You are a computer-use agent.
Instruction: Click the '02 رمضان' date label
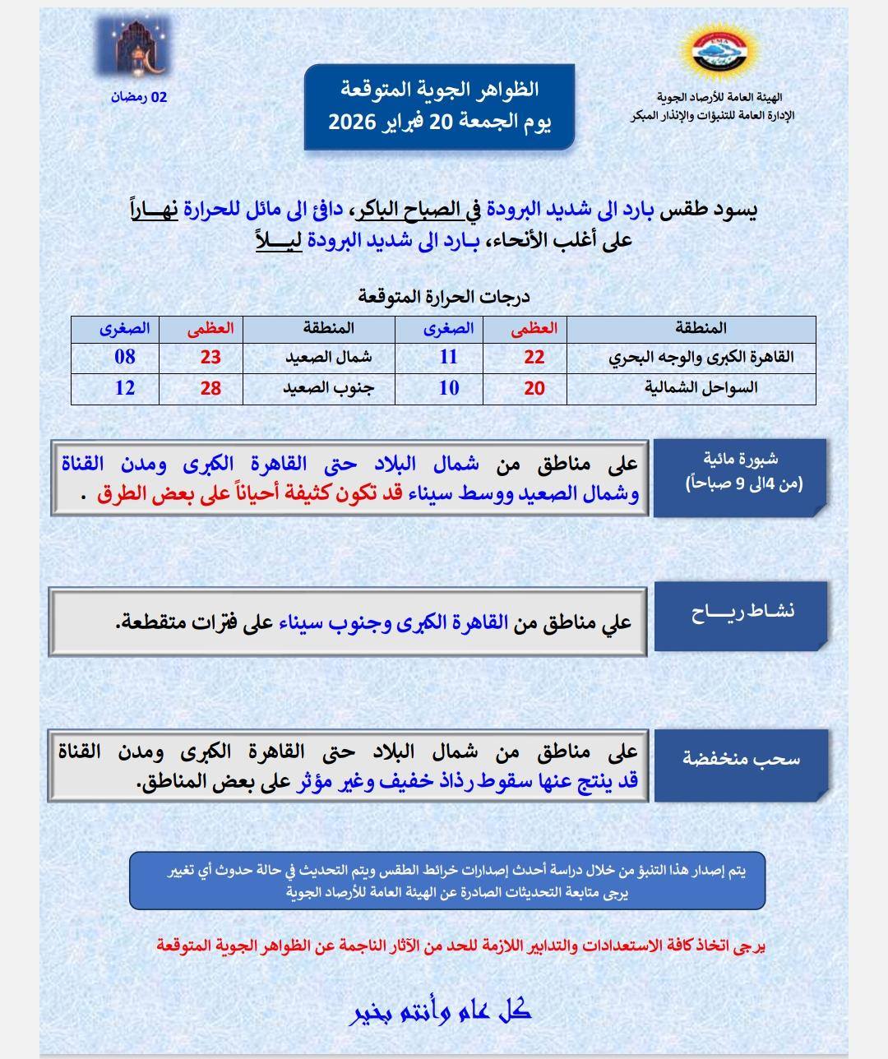click(x=139, y=97)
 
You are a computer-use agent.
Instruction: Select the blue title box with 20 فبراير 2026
click(x=439, y=107)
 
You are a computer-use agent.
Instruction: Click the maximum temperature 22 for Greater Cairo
click(x=534, y=358)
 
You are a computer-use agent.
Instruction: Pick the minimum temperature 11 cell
click(x=448, y=358)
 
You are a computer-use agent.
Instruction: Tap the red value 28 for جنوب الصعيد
click(x=211, y=388)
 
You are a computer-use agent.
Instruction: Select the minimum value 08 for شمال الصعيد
click(x=125, y=358)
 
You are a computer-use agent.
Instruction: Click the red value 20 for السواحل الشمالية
click(x=534, y=388)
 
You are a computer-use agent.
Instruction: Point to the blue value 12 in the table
click(x=125, y=388)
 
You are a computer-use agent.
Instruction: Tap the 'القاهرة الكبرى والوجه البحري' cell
click(x=701, y=358)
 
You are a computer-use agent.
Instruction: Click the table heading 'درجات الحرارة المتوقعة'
click(x=444, y=297)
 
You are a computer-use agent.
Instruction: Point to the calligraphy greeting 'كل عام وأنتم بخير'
click(x=442, y=1010)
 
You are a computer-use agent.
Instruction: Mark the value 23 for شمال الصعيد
click(x=211, y=358)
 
